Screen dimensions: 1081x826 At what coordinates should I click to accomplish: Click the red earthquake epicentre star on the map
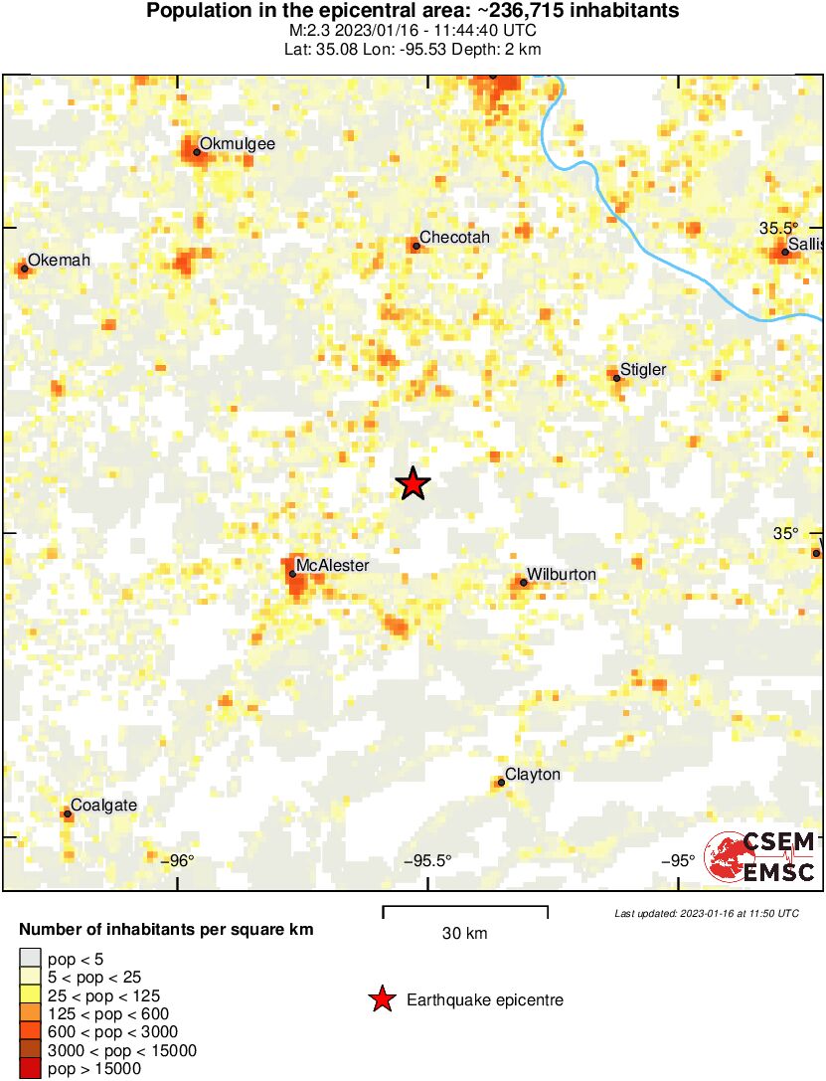click(413, 484)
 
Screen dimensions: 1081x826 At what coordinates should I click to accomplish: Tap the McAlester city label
click(332, 566)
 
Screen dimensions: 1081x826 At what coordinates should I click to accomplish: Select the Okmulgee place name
click(237, 144)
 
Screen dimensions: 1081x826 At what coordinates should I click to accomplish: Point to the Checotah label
click(454, 238)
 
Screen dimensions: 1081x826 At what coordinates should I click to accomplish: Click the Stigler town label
click(643, 370)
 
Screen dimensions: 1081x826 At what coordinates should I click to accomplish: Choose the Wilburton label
click(561, 575)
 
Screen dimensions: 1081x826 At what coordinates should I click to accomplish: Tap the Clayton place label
click(533, 775)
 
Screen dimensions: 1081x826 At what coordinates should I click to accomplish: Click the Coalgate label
click(103, 806)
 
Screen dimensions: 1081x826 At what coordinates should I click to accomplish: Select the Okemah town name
click(59, 261)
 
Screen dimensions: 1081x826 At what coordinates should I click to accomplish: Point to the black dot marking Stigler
click(616, 378)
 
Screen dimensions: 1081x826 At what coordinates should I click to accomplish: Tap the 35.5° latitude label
click(778, 228)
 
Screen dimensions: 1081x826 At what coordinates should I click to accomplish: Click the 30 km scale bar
click(465, 907)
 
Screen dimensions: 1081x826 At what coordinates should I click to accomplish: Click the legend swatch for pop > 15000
click(30, 1069)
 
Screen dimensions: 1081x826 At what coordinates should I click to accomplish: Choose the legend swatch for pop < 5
click(30, 960)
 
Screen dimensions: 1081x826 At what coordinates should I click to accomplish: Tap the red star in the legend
click(381, 1000)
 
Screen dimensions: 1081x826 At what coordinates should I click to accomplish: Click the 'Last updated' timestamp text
click(706, 913)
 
